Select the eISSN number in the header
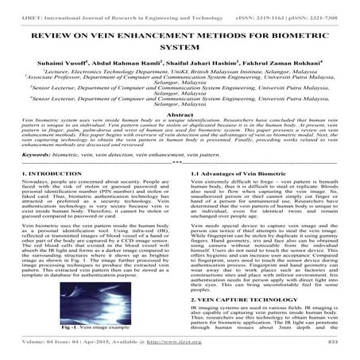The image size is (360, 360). pos(262,6)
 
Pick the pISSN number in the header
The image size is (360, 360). pos(323,6)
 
